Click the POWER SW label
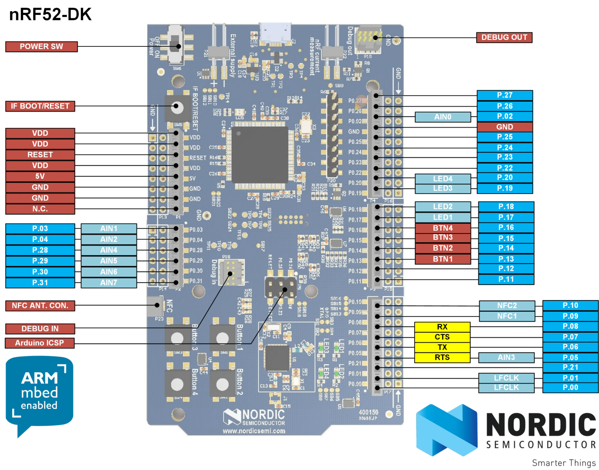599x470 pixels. [41, 46]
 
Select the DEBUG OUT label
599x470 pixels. [504, 37]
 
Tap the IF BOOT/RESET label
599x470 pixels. [40, 106]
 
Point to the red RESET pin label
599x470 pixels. [40, 155]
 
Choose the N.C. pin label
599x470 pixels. [40, 209]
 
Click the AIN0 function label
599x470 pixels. [443, 117]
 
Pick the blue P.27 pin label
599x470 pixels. [505, 95]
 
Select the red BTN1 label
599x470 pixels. [443, 259]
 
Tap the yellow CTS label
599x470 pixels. [442, 337]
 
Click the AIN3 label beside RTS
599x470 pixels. [506, 358]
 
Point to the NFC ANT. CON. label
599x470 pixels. [40, 306]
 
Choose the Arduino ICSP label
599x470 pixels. [39, 343]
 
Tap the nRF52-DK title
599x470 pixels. [50, 15]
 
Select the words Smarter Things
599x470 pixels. [564, 463]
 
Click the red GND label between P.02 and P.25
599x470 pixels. [505, 127]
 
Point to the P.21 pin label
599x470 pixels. [570, 367]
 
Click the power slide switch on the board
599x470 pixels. [175, 46]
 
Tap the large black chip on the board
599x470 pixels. [260, 155]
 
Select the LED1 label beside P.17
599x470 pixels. [443, 217]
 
